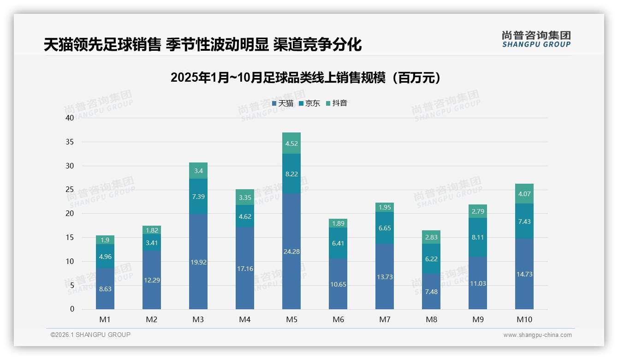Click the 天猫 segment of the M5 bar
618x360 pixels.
point(291,251)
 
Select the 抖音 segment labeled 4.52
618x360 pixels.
point(291,144)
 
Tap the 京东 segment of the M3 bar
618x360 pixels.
point(198,197)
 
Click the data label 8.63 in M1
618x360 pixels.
point(105,289)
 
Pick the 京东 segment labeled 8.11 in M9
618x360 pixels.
point(477,237)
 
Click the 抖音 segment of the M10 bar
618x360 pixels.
point(524,194)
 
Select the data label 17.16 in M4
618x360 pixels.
point(244,269)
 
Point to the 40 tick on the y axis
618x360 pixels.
point(70,118)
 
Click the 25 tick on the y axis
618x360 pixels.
point(70,190)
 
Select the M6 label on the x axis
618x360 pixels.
point(338,319)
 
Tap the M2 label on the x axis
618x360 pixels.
point(152,319)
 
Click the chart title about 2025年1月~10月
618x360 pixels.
point(305,78)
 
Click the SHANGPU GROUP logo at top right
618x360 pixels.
point(536,39)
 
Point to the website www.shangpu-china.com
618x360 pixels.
point(537,335)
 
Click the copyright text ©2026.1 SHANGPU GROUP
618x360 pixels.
point(90,335)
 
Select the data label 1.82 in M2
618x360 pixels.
point(152,230)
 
